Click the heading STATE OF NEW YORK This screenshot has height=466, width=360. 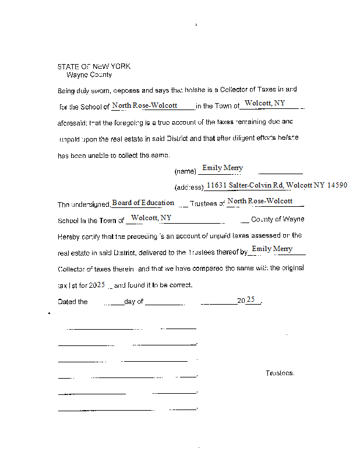(94, 66)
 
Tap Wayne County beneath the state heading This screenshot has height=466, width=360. (89, 75)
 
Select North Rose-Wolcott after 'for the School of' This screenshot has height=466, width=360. (144, 105)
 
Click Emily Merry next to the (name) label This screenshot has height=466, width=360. (222, 168)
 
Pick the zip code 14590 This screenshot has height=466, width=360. (337, 185)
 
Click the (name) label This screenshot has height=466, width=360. (185, 172)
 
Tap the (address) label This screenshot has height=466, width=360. (189, 188)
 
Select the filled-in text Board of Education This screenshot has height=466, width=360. (143, 203)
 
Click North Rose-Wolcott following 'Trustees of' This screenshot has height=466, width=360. (260, 201)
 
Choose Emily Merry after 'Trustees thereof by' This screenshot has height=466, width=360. (271, 249)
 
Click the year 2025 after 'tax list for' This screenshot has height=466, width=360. (97, 285)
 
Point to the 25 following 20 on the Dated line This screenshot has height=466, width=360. (251, 299)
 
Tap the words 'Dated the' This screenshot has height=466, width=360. (73, 302)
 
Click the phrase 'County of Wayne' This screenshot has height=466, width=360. (277, 220)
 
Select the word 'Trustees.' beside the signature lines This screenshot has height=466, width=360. (280, 373)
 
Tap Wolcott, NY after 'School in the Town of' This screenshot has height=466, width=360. (151, 218)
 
